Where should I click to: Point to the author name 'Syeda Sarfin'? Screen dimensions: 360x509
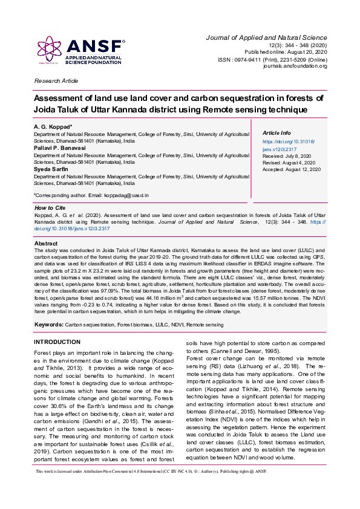[52, 169]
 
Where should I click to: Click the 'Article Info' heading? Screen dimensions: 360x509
[277, 133]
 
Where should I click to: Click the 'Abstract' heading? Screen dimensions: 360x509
[46, 243]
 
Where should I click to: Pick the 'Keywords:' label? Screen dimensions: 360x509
[48, 325]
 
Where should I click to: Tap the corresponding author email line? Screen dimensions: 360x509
[91, 195]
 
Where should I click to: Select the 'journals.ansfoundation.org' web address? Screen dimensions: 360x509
[295, 66]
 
